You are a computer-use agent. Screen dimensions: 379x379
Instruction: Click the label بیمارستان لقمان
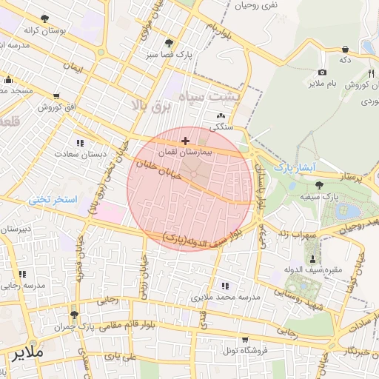pyautogui.click(x=209, y=150)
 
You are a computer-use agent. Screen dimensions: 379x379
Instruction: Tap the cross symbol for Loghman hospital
pyautogui.click(x=185, y=140)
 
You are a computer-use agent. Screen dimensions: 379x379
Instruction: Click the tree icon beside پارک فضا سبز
pyautogui.click(x=170, y=43)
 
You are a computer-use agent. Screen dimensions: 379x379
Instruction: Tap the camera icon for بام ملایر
pyautogui.click(x=322, y=72)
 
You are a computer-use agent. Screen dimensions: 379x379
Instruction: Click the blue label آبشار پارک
pyautogui.click(x=295, y=167)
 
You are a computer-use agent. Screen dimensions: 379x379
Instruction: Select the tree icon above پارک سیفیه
pyautogui.click(x=319, y=185)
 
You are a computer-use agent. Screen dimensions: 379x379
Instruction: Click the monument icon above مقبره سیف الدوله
pyautogui.click(x=313, y=258)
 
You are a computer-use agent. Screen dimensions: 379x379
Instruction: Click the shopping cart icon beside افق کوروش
pyautogui.click(x=57, y=96)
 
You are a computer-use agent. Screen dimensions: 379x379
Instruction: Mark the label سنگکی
pyautogui.click(x=221, y=127)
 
